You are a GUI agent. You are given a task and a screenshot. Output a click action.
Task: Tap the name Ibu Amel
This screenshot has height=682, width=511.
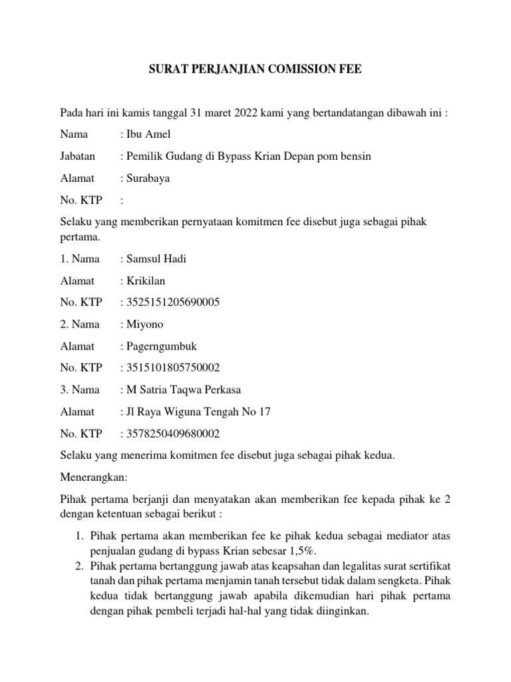pos(148,134)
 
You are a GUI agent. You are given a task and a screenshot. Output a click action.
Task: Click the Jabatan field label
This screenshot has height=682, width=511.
pos(77,156)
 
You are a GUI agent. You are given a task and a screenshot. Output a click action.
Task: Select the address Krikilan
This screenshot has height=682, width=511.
pos(145,281)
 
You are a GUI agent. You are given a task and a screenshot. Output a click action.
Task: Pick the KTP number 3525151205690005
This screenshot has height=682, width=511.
pos(172,302)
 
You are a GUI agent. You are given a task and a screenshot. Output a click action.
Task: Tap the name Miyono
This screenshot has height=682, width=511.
pos(144,324)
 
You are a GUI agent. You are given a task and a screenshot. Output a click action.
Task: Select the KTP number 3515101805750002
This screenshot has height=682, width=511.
pos(172,368)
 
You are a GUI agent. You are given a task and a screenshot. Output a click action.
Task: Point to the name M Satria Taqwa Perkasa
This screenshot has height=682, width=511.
pos(184,390)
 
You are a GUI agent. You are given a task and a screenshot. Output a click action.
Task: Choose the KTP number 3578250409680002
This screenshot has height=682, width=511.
pos(172,434)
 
